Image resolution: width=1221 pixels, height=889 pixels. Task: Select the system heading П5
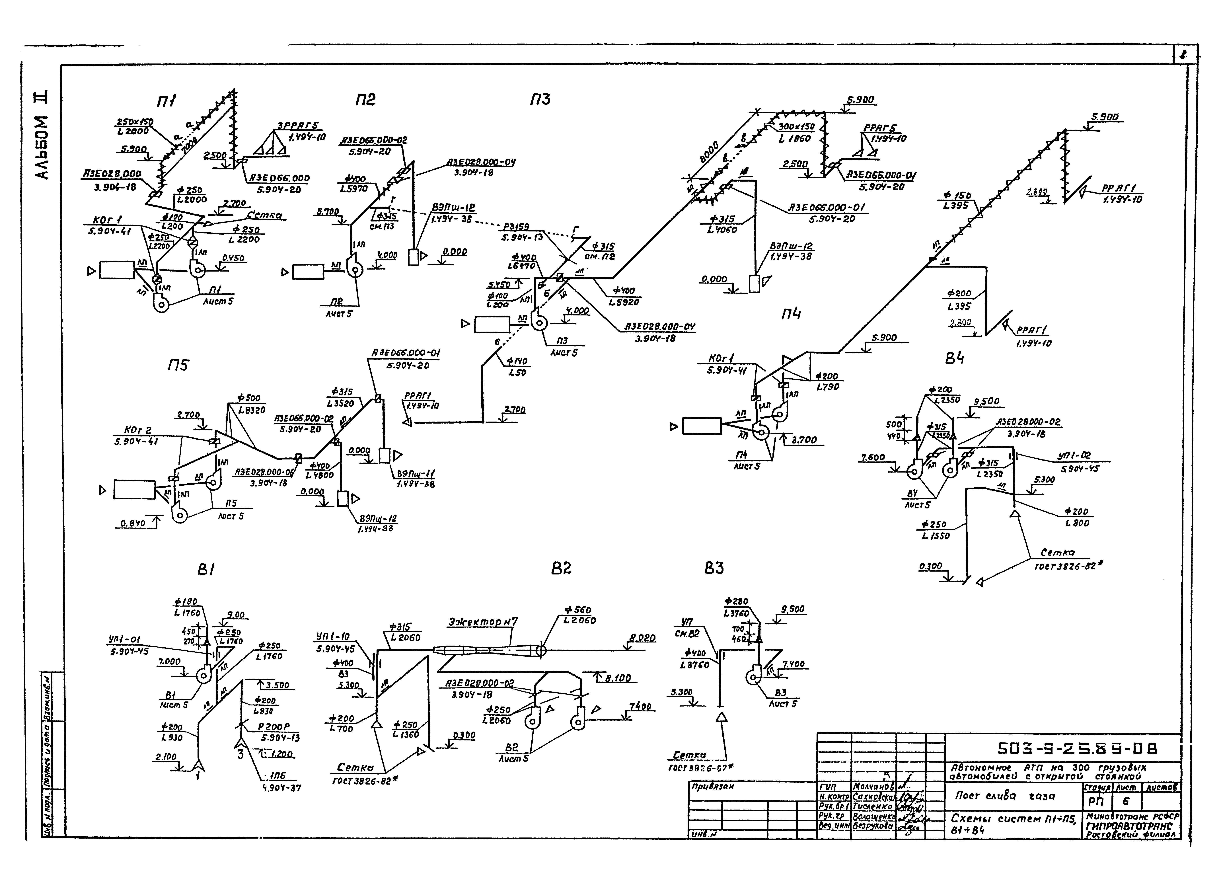tap(178, 366)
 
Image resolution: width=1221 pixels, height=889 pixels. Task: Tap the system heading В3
tap(714, 569)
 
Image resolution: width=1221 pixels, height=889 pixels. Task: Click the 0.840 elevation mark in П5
tap(132, 523)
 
